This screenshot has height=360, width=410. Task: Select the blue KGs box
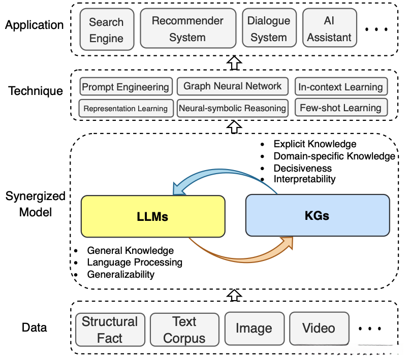[317, 216]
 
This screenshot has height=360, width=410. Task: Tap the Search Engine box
[106, 30]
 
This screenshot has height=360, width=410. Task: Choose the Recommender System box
[187, 29]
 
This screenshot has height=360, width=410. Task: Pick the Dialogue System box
[268, 29]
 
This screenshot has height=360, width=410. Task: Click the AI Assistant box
[330, 29]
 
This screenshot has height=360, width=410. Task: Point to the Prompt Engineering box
[125, 87]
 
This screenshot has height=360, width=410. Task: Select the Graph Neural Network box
[232, 86]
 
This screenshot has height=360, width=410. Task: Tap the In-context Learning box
[340, 87]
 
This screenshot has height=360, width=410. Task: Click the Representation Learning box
[125, 108]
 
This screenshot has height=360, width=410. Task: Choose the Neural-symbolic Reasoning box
[232, 108]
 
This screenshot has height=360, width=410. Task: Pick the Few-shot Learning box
[340, 108]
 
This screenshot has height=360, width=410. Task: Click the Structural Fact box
[110, 330]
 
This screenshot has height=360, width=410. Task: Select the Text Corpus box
[184, 330]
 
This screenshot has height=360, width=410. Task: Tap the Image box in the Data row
[254, 329]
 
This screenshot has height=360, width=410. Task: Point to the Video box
[319, 328]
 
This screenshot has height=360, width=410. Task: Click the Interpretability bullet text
[304, 179]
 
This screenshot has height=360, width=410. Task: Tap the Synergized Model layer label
[36, 204]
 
